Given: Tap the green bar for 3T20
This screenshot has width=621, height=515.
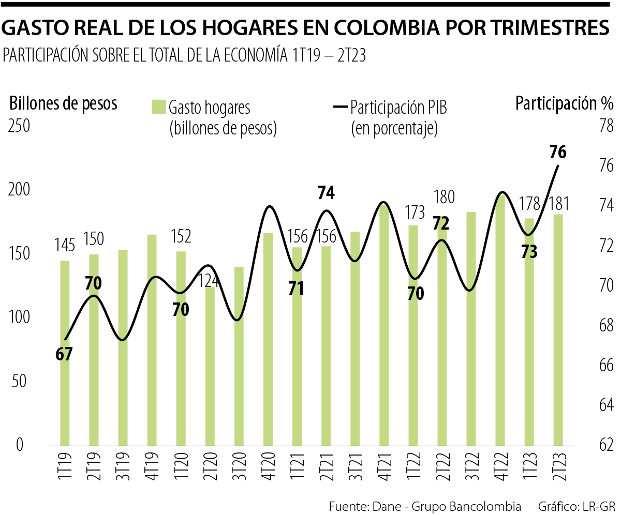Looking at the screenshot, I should click(239, 356).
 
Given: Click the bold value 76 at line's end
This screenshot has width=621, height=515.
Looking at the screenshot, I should click(558, 153).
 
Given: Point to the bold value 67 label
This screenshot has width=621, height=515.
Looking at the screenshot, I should click(65, 354).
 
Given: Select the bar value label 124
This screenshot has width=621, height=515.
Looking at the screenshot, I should click(210, 281).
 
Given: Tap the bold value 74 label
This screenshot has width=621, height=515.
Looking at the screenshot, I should click(326, 193).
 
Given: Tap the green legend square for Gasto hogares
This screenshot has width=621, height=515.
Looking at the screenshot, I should click(158, 107).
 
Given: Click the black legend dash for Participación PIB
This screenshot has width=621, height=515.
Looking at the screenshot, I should click(340, 107).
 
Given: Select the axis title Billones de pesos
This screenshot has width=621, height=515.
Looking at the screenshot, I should click(63, 103).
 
